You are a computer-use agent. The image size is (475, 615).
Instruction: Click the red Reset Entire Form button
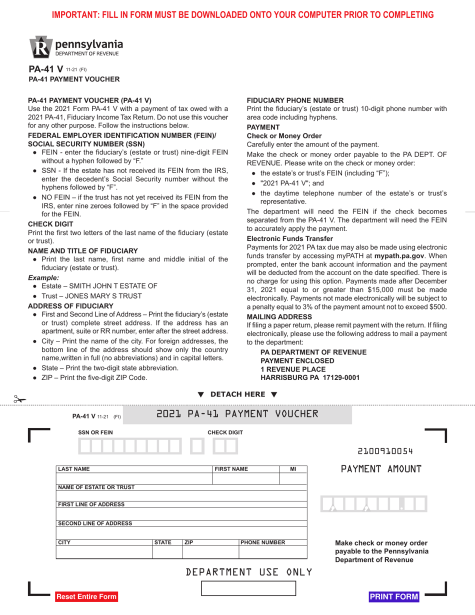point(86,596)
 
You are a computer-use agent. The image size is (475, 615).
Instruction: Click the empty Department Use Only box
point(248,588)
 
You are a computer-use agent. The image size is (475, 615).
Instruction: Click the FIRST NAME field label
point(231,469)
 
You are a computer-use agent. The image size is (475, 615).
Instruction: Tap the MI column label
point(293,469)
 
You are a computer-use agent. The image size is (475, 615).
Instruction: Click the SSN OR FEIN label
point(95,432)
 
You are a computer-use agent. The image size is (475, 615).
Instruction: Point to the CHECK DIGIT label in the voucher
point(225,432)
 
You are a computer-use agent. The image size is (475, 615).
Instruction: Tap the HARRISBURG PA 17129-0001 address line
point(310,377)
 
